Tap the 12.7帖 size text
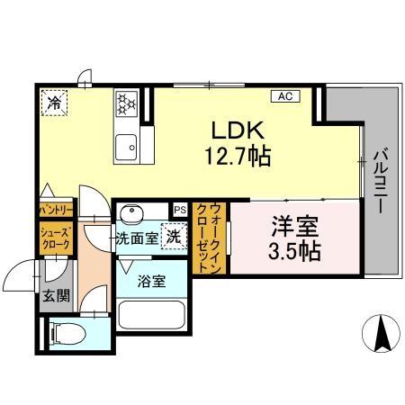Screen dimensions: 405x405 pos(235,157)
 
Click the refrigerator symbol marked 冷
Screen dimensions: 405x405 pos(55,103)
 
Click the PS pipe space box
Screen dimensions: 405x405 pos(180,210)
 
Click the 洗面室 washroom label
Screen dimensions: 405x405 pos(137,239)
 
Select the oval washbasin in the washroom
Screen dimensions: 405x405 pos(132,216)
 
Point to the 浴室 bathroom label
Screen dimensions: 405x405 pos(151,282)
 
